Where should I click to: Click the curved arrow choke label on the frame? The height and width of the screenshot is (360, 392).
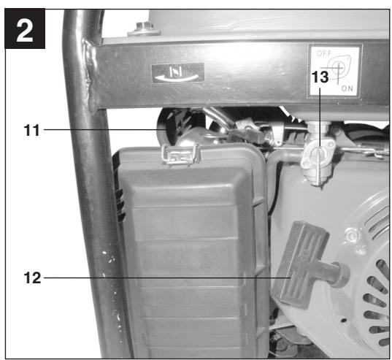click(177, 72)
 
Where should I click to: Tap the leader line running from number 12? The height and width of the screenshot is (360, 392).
click(161, 277)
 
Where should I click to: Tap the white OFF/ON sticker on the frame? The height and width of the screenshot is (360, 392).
click(334, 70)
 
